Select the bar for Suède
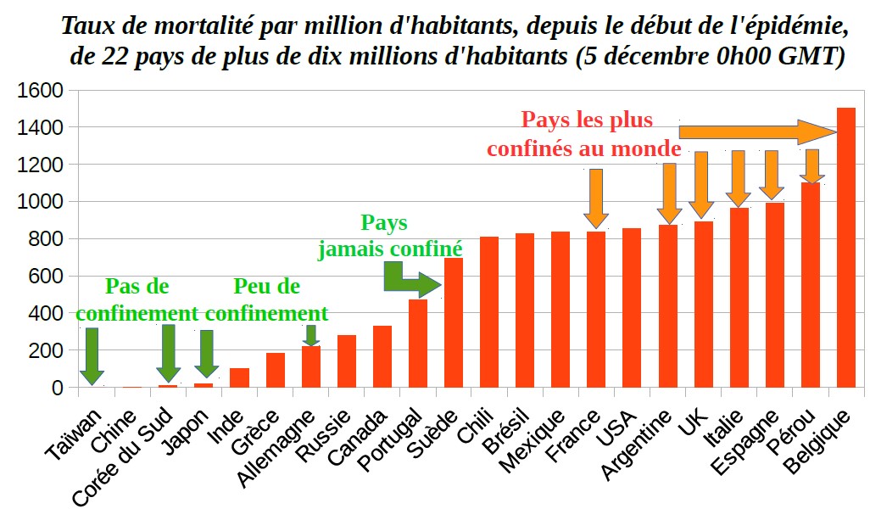(x=454, y=322)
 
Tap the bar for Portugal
(x=418, y=344)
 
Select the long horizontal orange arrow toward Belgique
(x=755, y=131)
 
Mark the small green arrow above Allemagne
(x=311, y=335)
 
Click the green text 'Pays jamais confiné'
(x=389, y=236)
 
